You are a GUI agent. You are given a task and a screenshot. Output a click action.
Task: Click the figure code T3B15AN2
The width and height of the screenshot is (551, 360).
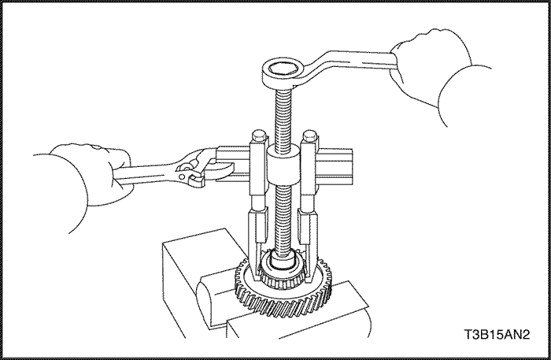pyautogui.click(x=497, y=334)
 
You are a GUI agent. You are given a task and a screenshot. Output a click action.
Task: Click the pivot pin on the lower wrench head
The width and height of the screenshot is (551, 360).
pyautogui.click(x=182, y=176)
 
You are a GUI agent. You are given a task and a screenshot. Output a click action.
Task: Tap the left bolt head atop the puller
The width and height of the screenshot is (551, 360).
pyautogui.click(x=259, y=135)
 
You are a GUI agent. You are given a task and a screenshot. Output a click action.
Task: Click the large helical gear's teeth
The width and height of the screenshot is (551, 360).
pyautogui.click(x=282, y=303)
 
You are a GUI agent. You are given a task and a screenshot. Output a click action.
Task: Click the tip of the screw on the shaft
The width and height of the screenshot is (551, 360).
pyautogui.click(x=283, y=262)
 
